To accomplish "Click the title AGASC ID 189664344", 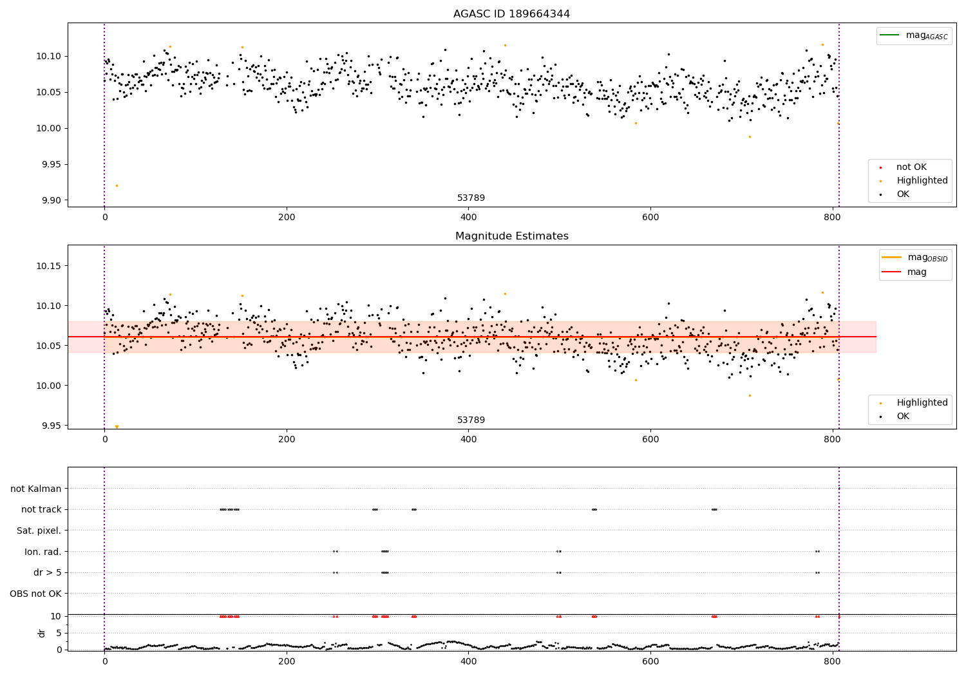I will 511,14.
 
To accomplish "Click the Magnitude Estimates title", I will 511,236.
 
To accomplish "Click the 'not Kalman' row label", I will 36,489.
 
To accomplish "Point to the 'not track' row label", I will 41,509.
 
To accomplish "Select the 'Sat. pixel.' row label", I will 39,530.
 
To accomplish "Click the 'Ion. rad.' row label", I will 43,552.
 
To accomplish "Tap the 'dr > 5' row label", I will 47,572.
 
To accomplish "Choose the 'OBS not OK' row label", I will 35,594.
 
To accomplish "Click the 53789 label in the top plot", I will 471,198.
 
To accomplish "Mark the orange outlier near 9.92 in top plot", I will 117,185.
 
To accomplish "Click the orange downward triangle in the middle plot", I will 117,427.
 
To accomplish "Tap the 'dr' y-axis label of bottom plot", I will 42,633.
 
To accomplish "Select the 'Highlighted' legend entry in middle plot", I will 922,402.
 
